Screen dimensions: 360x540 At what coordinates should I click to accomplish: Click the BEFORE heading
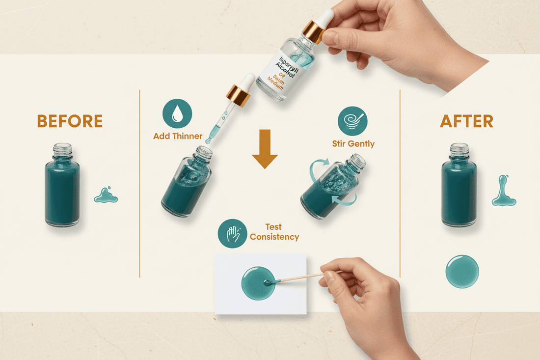tap(70, 121)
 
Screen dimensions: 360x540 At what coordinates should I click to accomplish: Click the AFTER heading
tap(466, 121)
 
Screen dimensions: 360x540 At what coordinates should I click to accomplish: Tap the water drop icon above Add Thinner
tap(177, 113)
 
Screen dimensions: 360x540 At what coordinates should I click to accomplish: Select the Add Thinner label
tap(178, 136)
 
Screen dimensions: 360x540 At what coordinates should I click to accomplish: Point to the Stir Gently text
tap(353, 144)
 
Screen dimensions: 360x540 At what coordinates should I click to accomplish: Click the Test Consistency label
tap(274, 232)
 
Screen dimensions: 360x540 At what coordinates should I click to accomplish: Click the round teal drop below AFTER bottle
tap(462, 271)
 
